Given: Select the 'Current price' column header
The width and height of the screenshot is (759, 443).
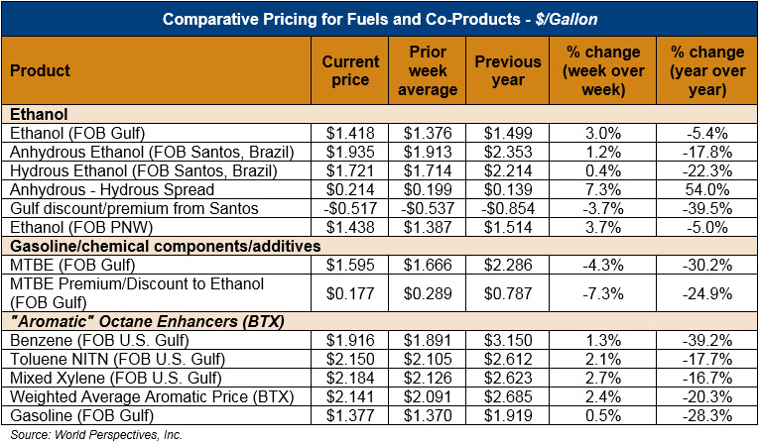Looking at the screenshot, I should click(x=351, y=70).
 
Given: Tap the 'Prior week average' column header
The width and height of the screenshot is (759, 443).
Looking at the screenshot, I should click(x=433, y=70).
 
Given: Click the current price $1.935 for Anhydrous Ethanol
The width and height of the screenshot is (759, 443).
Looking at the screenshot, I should click(x=351, y=152).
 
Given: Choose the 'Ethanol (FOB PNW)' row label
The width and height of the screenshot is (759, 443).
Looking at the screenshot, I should click(x=73, y=227).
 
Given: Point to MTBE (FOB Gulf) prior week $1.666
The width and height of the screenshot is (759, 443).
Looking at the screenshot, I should click(x=433, y=265).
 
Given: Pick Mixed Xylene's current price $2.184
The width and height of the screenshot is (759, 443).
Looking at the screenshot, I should click(x=351, y=377).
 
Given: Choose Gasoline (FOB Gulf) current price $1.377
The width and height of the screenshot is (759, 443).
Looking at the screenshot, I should click(x=351, y=414).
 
